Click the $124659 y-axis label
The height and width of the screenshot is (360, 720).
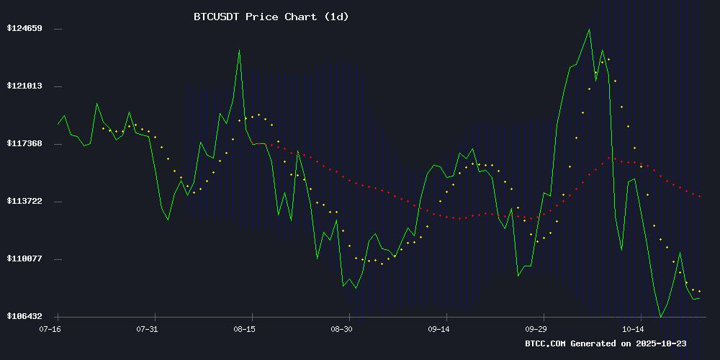25,29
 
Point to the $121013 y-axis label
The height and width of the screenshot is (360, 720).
25,86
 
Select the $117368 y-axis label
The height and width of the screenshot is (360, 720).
25,144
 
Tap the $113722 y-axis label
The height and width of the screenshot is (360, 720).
25,202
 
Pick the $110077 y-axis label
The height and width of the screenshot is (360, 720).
25,259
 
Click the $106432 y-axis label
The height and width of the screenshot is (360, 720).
25,317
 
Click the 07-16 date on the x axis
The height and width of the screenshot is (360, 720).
50,328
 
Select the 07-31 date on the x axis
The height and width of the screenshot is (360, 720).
147,328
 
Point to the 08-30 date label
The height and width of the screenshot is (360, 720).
341,328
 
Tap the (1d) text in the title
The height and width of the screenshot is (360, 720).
336,17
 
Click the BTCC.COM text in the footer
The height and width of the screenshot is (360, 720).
546,343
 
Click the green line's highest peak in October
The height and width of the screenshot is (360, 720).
589,30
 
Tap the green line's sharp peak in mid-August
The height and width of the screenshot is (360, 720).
239,50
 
